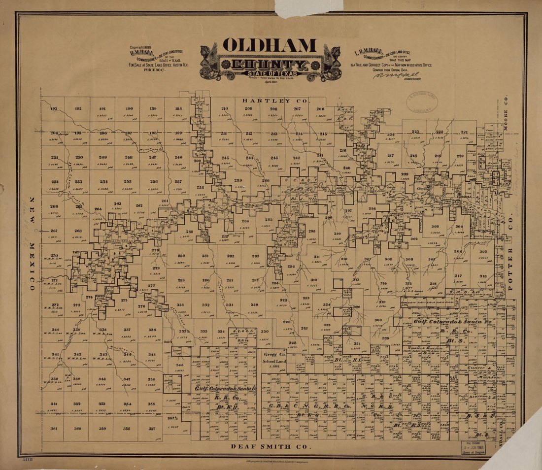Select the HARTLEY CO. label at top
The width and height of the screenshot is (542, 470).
pos(275,101)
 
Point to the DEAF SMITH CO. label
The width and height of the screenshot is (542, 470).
pos(271,447)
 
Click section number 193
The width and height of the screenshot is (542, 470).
pos(54,108)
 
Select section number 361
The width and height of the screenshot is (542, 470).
pos(54,429)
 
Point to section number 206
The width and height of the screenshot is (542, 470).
pos(320,108)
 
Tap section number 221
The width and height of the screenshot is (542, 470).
pos(464,132)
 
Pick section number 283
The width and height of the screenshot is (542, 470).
pos(256,256)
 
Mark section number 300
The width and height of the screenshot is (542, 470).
pos(378,320)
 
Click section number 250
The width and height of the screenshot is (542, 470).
pos(79,158)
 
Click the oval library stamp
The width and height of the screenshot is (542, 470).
pos(422,102)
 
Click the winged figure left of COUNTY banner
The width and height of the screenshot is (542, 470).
pos(209,62)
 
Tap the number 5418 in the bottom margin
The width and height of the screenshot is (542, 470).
pos(28,459)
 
